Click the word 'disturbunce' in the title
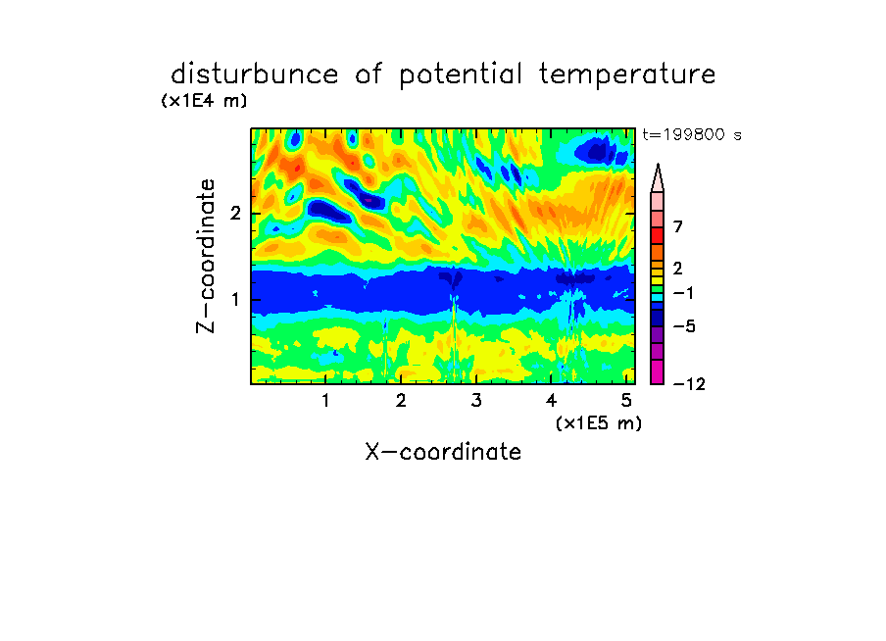pos(254,74)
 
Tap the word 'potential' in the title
pos(460,75)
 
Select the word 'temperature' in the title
pos(626,75)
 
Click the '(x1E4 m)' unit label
pos(204,101)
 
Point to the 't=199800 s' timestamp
pos(692,134)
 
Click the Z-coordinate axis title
pos(206,256)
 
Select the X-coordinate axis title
pos(443,452)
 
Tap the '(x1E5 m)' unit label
pos(599,423)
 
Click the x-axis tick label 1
pos(326,401)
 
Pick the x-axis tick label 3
pos(476,401)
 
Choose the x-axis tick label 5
pos(626,401)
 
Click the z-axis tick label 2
pos(235,214)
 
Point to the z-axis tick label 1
pos(235,299)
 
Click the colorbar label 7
pos(678,226)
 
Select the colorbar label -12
pos(689,384)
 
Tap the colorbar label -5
pos(684,326)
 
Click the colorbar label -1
pos(683,293)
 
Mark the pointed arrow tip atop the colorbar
pos(658,165)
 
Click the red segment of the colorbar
pos(658,235)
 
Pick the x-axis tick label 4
pos(551,401)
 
